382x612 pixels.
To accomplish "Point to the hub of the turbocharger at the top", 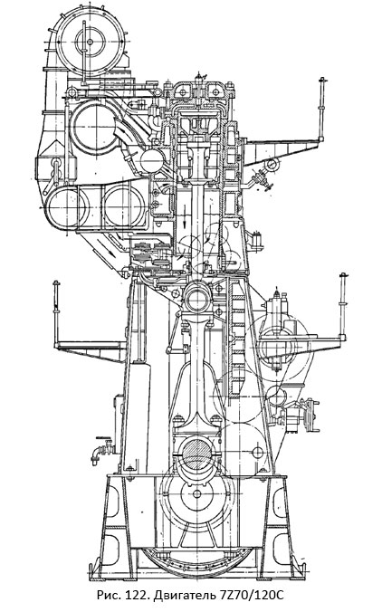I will click(x=91, y=41).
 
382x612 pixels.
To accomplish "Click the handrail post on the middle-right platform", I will click(x=342, y=303).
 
